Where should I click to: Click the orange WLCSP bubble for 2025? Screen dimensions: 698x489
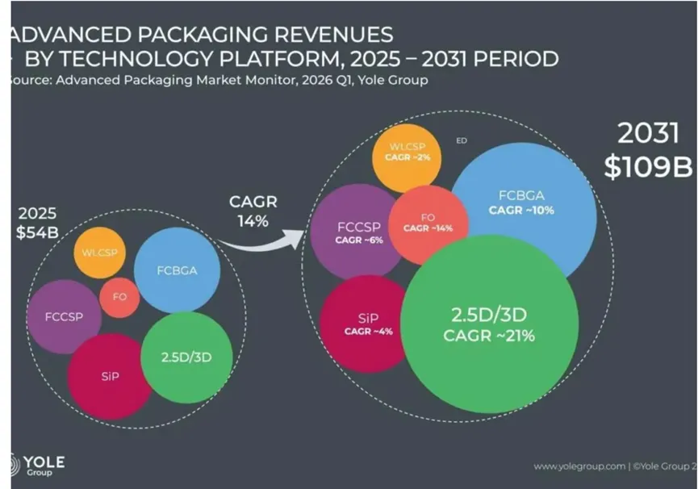pyautogui.click(x=100, y=253)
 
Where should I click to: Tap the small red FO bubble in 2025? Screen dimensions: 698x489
pyautogui.click(x=119, y=297)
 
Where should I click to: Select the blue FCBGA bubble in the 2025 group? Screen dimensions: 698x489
pyautogui.click(x=178, y=270)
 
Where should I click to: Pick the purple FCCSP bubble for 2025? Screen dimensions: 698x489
pyautogui.click(x=64, y=317)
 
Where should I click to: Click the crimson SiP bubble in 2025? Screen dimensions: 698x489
pyautogui.click(x=110, y=376)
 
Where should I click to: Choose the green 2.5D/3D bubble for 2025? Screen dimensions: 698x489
pyautogui.click(x=186, y=357)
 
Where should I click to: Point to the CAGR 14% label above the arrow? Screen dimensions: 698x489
pyautogui.click(x=253, y=211)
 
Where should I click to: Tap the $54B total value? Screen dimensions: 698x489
pyautogui.click(x=37, y=232)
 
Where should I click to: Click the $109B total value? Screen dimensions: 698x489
pyautogui.click(x=648, y=167)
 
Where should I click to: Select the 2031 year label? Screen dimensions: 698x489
pyautogui.click(x=648, y=133)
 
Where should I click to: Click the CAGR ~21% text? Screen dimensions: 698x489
pyautogui.click(x=489, y=336)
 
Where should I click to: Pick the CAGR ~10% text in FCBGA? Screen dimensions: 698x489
pyautogui.click(x=521, y=210)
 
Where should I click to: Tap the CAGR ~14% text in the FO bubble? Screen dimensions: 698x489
pyautogui.click(x=428, y=228)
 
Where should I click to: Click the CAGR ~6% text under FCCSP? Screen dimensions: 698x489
pyautogui.click(x=359, y=240)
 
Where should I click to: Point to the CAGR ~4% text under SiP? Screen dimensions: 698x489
pyautogui.click(x=369, y=332)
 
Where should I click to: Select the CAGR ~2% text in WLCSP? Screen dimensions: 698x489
pyautogui.click(x=408, y=157)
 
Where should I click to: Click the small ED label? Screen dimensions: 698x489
pyautogui.click(x=462, y=140)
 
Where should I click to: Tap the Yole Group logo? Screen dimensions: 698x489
pyautogui.click(x=37, y=466)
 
